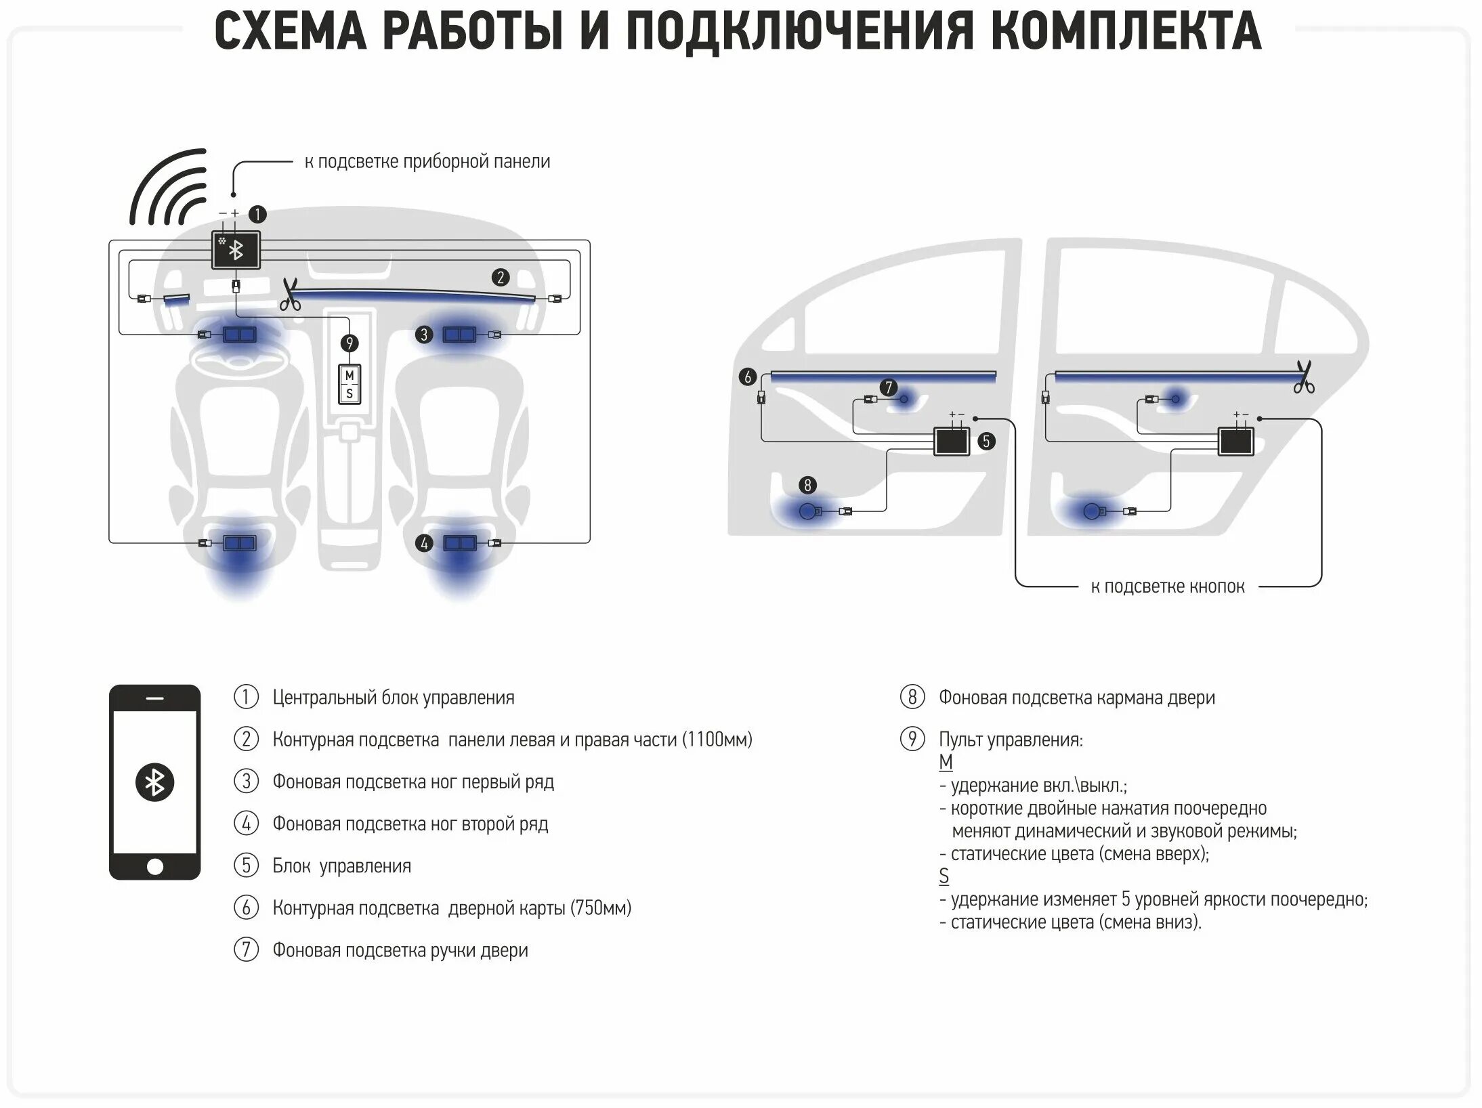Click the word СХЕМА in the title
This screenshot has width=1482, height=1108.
point(291,31)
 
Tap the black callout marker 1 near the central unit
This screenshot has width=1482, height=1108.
point(257,215)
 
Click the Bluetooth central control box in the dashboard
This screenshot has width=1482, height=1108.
point(236,251)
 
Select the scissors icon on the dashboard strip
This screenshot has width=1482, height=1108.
point(291,295)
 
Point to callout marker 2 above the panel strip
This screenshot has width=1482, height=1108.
point(501,277)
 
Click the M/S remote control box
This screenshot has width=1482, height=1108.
point(350,384)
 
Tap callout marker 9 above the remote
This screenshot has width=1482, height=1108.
point(350,343)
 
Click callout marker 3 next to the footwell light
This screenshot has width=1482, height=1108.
point(424,334)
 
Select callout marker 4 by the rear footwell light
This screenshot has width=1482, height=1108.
point(424,542)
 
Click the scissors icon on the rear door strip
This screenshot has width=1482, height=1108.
point(1303,377)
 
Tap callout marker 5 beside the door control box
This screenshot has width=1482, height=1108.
point(986,442)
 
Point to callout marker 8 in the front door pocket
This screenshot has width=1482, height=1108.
point(807,485)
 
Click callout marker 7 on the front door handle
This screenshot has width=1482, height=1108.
point(889,387)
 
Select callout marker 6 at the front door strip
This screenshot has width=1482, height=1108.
point(748,377)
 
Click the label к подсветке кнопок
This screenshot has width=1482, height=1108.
point(1167,587)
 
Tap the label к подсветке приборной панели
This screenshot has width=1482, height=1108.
point(427,162)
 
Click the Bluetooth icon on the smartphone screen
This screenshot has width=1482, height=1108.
point(155,783)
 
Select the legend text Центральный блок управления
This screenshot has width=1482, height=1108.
point(394,698)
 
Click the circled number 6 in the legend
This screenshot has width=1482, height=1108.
point(246,908)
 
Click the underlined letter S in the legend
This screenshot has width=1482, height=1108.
point(944,876)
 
